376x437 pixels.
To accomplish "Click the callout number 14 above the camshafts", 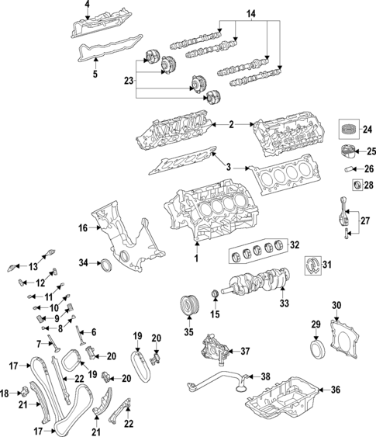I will [x=250, y=15].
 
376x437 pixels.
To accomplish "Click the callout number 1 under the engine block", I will [x=197, y=257].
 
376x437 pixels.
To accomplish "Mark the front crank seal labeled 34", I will [x=104, y=268].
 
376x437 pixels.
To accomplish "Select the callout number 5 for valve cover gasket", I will [x=95, y=75].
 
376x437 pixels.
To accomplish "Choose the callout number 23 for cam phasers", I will [x=128, y=79].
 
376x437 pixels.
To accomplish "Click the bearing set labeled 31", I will [x=314, y=266].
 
